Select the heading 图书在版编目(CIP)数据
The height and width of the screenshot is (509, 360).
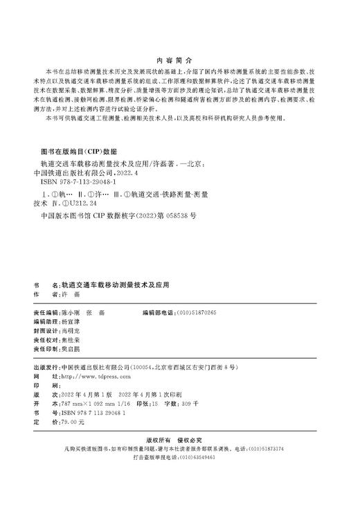point(80,151)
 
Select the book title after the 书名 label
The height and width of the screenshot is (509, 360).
point(115,284)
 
